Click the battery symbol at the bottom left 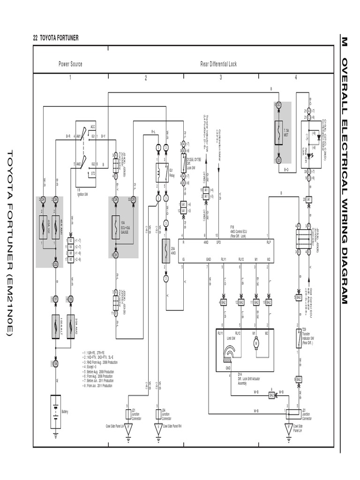click(x=55, y=412)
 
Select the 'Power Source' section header click(x=70, y=64)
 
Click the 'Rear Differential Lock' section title click(x=218, y=64)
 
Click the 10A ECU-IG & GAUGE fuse click(x=116, y=226)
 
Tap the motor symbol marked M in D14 click(x=256, y=344)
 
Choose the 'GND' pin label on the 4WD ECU click(x=208, y=259)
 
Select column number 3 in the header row click(x=220, y=78)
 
